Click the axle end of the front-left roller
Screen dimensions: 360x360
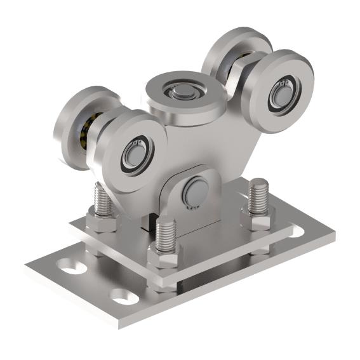(135, 153)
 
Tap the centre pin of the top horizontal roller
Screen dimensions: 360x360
(182, 94)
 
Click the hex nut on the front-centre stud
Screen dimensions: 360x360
(163, 258)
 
